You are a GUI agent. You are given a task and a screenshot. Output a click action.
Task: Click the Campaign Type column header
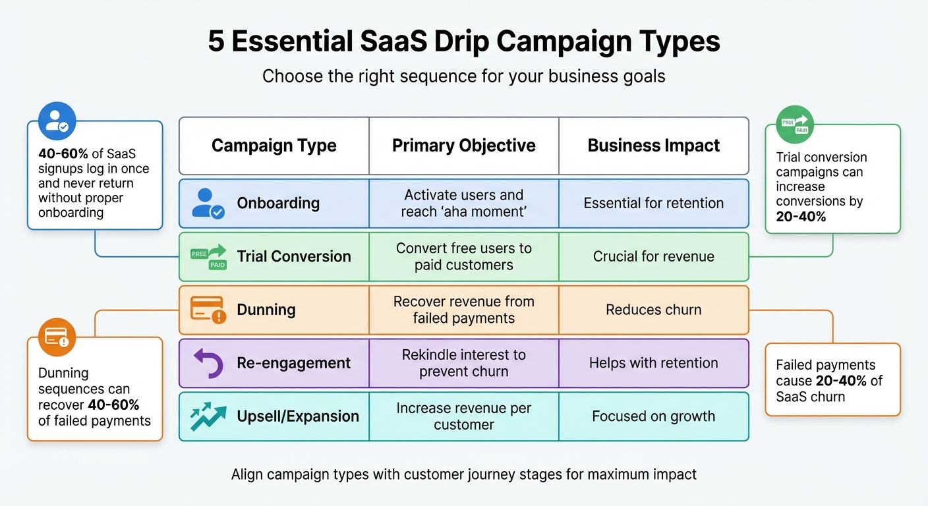click(274, 146)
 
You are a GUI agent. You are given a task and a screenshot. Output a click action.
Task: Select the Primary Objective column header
click(463, 146)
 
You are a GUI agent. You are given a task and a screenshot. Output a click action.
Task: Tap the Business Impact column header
click(653, 146)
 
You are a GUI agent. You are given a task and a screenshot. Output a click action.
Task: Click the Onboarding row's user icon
click(208, 203)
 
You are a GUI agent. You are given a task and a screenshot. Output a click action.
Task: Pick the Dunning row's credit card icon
click(208, 309)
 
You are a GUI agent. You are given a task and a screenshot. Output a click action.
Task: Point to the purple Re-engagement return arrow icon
click(208, 363)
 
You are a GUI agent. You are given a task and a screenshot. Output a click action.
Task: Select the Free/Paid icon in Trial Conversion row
click(208, 257)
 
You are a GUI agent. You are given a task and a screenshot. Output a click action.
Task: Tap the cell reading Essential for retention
click(653, 203)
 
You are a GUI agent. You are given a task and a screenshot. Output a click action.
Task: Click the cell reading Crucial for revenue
click(653, 256)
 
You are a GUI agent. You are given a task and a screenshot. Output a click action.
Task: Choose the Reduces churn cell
click(653, 310)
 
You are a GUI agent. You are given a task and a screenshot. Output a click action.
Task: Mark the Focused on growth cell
click(653, 416)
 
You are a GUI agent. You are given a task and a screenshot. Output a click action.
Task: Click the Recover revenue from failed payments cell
click(463, 310)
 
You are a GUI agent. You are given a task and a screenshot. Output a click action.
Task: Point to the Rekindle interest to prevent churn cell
click(463, 363)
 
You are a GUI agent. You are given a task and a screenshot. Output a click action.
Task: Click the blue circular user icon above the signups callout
click(57, 121)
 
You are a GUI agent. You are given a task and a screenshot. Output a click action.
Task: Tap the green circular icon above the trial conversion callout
click(795, 125)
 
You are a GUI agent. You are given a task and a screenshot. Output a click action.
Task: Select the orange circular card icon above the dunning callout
click(57, 337)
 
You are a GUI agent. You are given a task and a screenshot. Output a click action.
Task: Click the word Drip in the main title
click(461, 42)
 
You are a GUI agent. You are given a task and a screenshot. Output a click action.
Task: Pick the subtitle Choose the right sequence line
click(463, 76)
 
